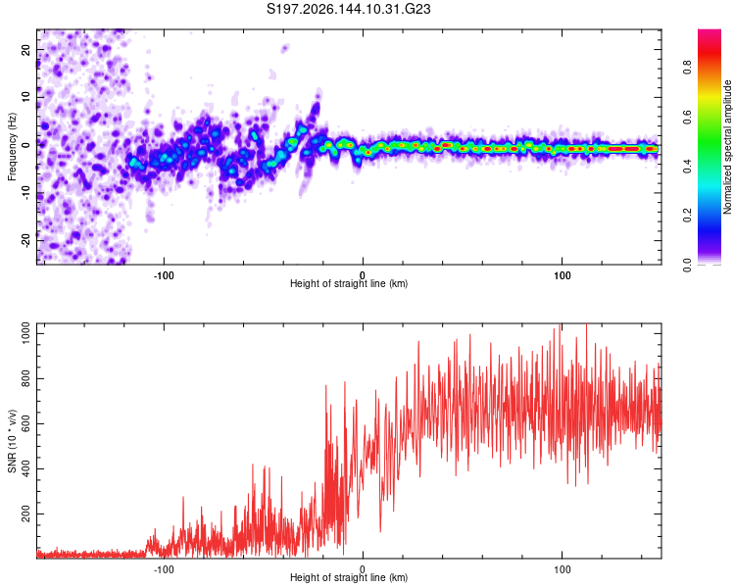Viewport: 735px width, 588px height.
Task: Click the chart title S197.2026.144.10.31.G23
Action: [348, 9]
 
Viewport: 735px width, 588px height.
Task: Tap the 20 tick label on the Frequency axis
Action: [25, 50]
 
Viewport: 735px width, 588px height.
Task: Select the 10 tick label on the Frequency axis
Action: [25, 97]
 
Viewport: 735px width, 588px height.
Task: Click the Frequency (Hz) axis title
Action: [12, 147]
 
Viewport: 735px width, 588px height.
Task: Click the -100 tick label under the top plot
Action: [164, 275]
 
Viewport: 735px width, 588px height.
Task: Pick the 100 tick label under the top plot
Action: [562, 275]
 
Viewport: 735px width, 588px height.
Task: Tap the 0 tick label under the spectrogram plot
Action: [363, 275]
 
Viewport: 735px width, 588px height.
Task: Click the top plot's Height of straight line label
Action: [349, 283]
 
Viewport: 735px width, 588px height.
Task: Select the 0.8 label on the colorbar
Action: [687, 68]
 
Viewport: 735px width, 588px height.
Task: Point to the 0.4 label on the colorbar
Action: [687, 166]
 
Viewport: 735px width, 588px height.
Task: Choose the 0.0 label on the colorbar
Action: [687, 265]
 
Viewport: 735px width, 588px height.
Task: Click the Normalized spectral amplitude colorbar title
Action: [727, 147]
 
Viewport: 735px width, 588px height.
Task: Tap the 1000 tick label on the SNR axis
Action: [25, 334]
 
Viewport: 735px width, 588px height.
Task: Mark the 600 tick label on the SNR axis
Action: [25, 424]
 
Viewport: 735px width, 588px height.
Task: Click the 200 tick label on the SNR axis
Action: [25, 514]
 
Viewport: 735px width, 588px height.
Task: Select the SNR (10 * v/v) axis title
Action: [12, 441]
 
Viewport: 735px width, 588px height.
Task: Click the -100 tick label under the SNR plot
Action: [164, 569]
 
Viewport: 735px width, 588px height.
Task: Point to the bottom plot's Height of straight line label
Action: [349, 577]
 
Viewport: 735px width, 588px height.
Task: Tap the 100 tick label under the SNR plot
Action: [562, 569]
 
